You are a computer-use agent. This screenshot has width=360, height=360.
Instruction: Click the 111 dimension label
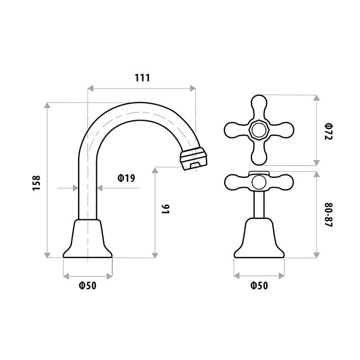[142, 78]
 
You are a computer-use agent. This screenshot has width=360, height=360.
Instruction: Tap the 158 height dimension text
[36, 183]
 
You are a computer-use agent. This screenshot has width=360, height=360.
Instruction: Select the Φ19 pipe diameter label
[126, 178]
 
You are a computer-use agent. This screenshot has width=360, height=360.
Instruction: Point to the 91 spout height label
[166, 209]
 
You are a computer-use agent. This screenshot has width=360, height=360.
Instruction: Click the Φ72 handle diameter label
[328, 131]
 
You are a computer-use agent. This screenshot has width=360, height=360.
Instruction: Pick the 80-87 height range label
[328, 215]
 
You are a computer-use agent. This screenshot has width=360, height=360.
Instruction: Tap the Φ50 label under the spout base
[88, 286]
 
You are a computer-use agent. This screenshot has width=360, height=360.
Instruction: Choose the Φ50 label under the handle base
[259, 286]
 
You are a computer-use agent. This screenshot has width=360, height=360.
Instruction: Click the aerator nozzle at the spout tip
[193, 158]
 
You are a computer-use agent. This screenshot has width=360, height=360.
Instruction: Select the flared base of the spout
[88, 239]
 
